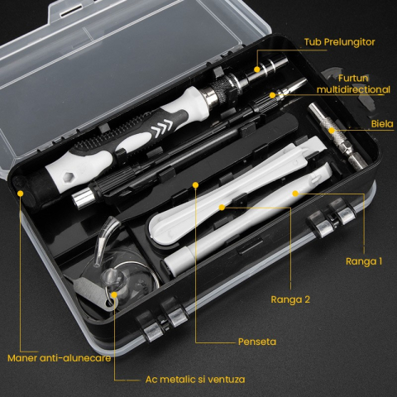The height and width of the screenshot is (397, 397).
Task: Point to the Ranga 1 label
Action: click(x=364, y=261)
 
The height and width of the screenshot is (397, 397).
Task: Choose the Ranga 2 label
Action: click(x=290, y=299)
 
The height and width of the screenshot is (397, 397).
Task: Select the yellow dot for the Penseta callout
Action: click(x=195, y=183)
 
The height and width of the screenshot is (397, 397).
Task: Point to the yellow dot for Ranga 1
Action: click(x=295, y=194)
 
